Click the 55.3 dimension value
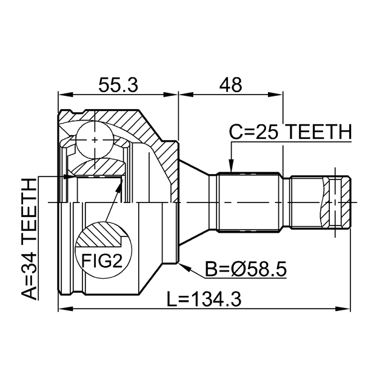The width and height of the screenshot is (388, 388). click(x=118, y=85)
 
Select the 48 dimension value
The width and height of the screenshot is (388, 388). click(x=230, y=85)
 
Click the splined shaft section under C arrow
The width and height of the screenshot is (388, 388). click(x=249, y=202)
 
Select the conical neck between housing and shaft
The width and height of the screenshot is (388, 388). click(x=194, y=202)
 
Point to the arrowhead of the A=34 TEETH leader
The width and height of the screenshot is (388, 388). click(x=68, y=176)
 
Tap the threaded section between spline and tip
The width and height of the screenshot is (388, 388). click(x=306, y=202)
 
